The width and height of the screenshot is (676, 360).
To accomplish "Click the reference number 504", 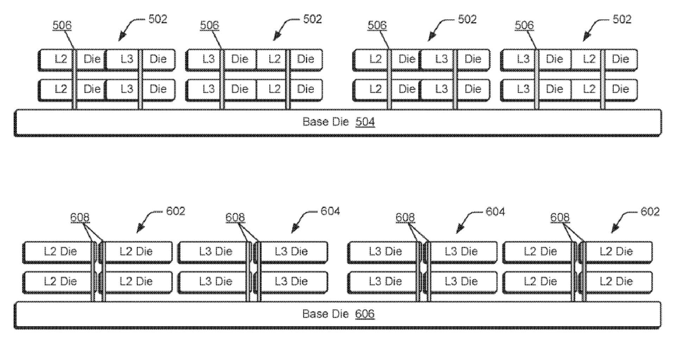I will coord(365,122).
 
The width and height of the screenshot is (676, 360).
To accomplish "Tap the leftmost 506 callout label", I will coord(62,25).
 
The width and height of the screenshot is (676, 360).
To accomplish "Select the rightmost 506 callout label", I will coord(524,25).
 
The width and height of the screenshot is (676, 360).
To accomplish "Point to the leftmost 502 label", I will coord(158,19).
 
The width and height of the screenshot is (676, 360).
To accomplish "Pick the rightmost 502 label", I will coord(622,19).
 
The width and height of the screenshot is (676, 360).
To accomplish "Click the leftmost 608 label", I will coord(80,217).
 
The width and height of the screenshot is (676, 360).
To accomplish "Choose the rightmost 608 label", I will coord(560,217).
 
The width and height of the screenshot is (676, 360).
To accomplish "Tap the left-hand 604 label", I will coord(330,211).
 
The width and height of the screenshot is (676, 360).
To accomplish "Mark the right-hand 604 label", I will coord(495,212).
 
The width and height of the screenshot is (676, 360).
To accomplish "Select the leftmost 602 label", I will coord(175,211).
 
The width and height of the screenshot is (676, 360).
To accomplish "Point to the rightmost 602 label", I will coord(650,212).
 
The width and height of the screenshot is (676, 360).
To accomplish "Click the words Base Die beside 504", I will coord(325,122).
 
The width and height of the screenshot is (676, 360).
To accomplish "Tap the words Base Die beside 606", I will coord(325,314).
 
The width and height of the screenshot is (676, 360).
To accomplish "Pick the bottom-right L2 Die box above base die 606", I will coord(616,281).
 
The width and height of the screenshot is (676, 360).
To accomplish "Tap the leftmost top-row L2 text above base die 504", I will coord(61,59).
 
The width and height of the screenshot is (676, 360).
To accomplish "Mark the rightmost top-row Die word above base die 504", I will coord(620,59).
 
